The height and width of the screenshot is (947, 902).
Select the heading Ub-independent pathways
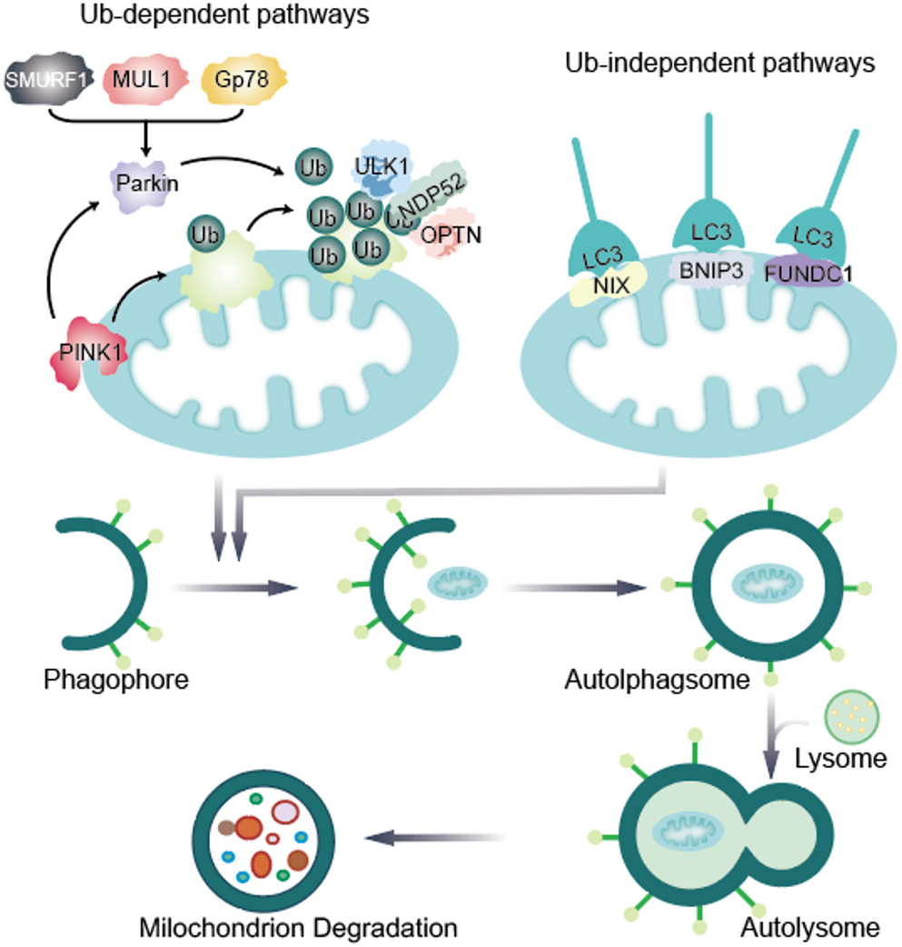click(x=719, y=65)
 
